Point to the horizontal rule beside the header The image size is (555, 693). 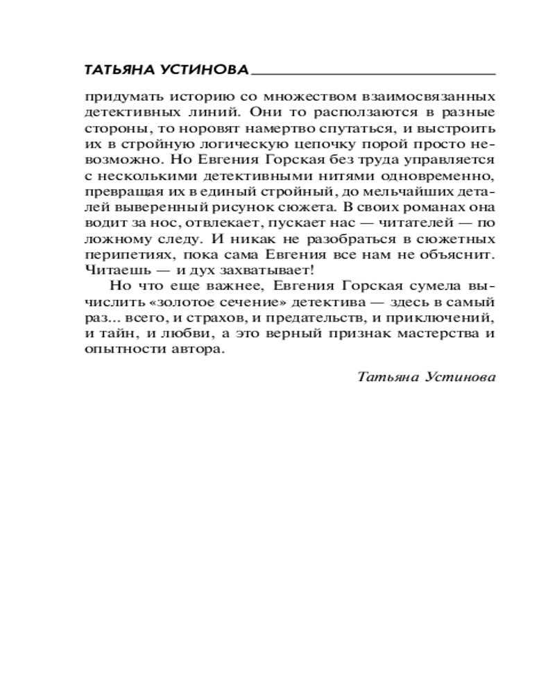pyautogui.click(x=375, y=72)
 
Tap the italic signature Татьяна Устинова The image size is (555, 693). pyautogui.click(x=427, y=377)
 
